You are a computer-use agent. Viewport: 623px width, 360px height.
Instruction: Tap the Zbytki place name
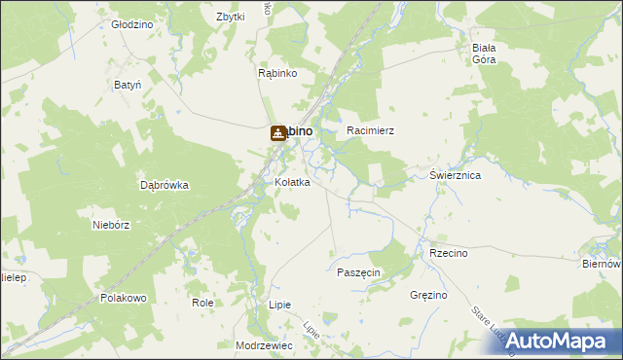[x=230, y=18]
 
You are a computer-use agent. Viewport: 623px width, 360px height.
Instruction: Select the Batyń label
[x=128, y=85]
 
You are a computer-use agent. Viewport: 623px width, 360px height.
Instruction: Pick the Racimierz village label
[x=370, y=129]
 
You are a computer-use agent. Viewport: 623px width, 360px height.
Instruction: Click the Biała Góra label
[x=484, y=54]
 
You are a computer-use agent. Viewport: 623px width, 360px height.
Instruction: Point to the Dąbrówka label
[x=164, y=185]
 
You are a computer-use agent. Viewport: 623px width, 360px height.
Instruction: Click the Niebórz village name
[x=111, y=224]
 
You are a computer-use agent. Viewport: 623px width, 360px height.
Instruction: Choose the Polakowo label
[x=123, y=298]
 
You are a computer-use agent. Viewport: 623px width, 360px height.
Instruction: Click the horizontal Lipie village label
[x=279, y=305]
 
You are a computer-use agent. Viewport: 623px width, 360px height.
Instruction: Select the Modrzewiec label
[x=264, y=345]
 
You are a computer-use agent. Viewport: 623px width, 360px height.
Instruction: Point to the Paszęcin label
[x=358, y=272]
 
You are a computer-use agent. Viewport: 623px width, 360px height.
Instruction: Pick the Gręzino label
[x=428, y=294]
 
